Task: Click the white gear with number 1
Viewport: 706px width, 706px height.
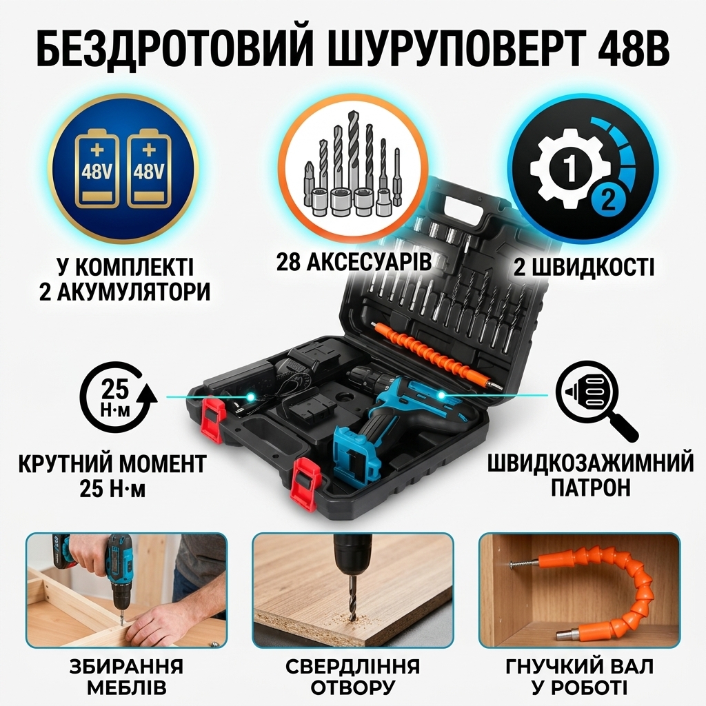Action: coord(569,168)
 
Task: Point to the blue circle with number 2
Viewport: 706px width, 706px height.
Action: coord(607,199)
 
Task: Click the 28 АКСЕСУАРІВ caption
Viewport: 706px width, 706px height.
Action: coord(354,263)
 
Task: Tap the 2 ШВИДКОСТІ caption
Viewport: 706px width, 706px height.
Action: coord(584,268)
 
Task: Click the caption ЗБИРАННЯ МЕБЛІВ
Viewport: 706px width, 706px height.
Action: coord(127,677)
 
